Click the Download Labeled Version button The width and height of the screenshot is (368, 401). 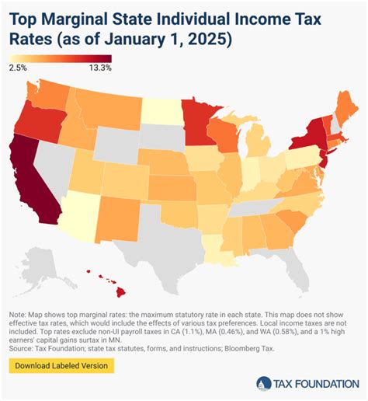click(x=62, y=365)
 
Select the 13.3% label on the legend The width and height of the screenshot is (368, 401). click(x=99, y=68)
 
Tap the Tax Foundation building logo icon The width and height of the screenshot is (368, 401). click(x=264, y=383)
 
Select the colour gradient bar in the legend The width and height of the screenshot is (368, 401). click(x=61, y=58)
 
